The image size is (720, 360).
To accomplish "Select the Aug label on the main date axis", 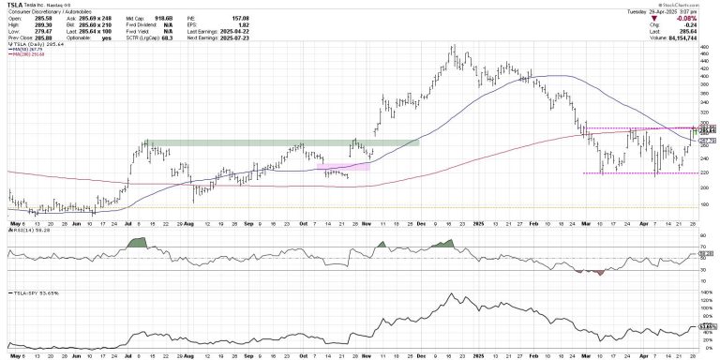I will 187,226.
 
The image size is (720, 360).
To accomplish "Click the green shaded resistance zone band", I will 281,142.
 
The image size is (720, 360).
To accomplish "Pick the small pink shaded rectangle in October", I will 343,167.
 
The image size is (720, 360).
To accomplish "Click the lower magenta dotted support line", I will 637,173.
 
